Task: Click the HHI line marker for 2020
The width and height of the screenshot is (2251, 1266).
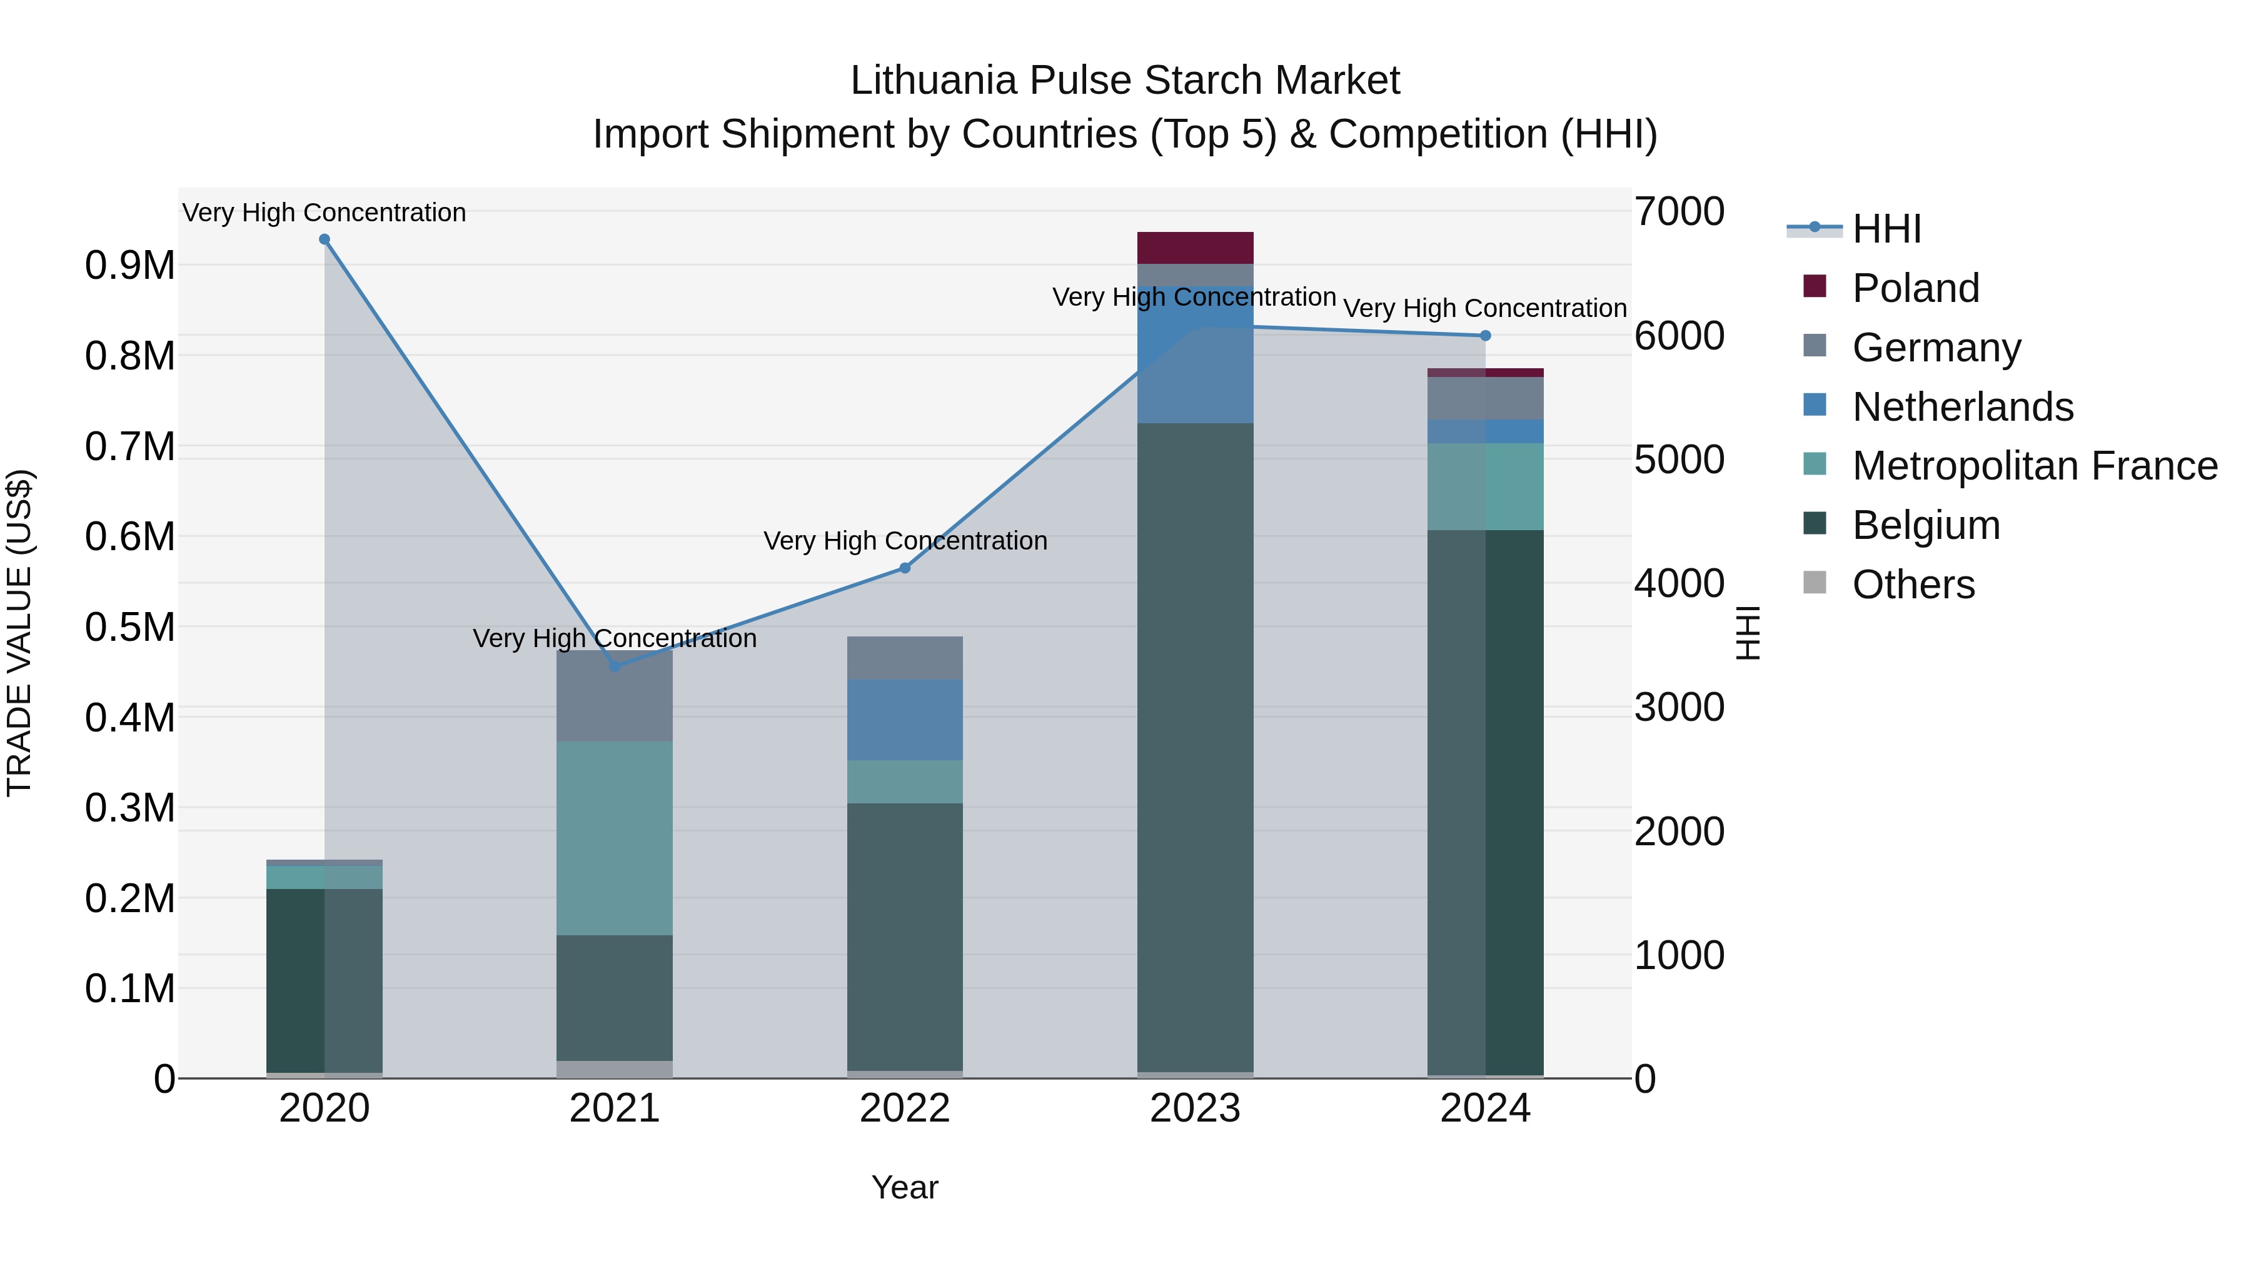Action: pos(324,239)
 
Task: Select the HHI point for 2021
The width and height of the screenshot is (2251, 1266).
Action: pos(614,666)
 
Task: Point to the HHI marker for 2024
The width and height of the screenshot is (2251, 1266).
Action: pos(1486,336)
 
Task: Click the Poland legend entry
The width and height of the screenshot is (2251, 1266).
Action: pos(1915,288)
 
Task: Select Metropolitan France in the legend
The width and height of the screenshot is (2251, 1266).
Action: pos(2033,466)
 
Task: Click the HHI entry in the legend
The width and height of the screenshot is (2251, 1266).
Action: pos(1886,229)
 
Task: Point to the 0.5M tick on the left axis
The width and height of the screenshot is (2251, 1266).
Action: pos(130,627)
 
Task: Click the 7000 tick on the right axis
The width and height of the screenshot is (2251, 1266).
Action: pos(1679,211)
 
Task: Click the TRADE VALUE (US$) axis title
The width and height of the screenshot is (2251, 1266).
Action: pos(20,633)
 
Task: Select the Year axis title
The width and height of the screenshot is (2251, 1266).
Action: pos(904,1187)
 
